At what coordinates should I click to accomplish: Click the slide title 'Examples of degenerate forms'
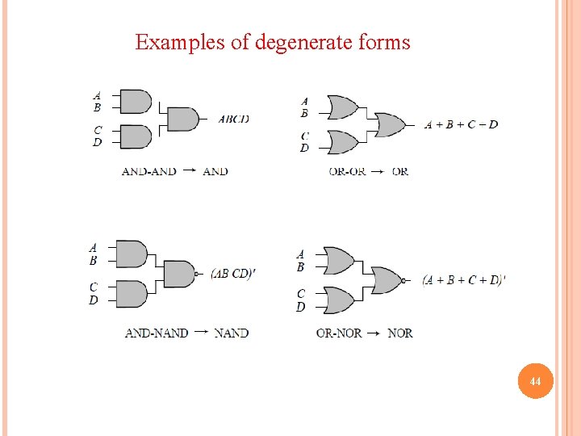[273, 42]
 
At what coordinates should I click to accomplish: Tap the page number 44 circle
[535, 379]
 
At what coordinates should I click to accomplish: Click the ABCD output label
[234, 119]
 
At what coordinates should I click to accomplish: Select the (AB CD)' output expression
[233, 273]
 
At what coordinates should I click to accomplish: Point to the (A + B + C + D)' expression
[464, 280]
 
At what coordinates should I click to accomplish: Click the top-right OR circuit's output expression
[461, 124]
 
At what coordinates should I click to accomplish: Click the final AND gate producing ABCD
[183, 119]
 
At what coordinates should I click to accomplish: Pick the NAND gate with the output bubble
[180, 274]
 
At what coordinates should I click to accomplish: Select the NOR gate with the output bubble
[388, 280]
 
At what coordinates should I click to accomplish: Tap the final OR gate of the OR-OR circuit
[391, 124]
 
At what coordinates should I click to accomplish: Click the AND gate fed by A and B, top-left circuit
[135, 101]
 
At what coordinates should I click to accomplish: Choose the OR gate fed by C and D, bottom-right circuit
[337, 300]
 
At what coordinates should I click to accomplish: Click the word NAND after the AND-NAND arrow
[232, 333]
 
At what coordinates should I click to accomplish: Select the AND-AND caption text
[149, 171]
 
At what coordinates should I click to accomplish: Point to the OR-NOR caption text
[339, 333]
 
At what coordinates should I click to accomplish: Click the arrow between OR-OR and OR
[378, 171]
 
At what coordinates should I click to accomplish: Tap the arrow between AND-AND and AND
[189, 170]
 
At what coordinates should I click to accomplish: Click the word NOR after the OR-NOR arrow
[400, 333]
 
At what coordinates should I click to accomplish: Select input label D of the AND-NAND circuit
[94, 300]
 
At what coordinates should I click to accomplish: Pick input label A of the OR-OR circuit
[304, 102]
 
